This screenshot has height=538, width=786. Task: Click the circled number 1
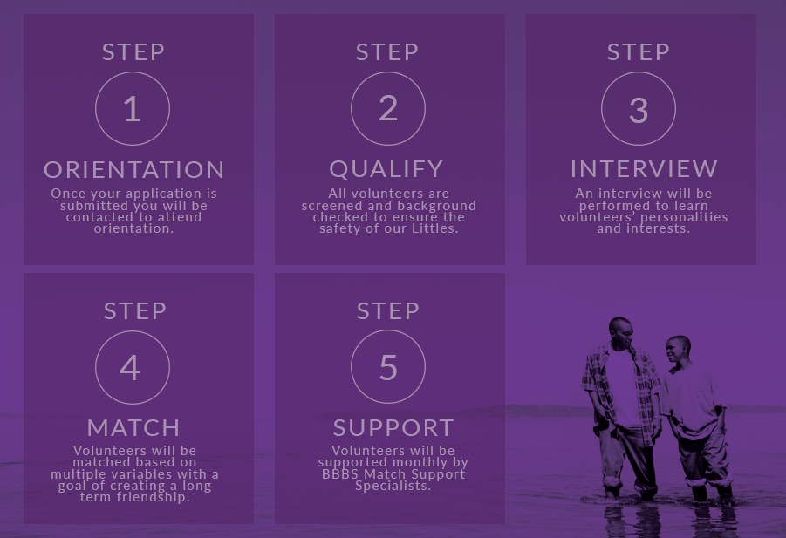[x=133, y=109]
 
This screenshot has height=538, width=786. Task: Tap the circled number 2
[x=388, y=109]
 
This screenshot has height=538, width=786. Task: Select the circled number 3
[x=638, y=109]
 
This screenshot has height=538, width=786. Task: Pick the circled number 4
[x=133, y=367]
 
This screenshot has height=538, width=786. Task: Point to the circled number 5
[x=388, y=367]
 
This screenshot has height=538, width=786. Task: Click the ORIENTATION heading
[x=133, y=170]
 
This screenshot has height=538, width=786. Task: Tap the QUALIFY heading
[x=386, y=169]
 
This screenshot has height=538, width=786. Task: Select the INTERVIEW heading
[x=644, y=169]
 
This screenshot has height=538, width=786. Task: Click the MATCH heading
[x=133, y=428]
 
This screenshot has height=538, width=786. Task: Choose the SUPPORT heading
[x=393, y=428]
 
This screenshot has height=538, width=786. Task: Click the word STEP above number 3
[x=638, y=52]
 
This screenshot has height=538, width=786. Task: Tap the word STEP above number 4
[x=135, y=311]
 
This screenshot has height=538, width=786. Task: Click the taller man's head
[x=621, y=332]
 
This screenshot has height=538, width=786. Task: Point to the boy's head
[x=679, y=349]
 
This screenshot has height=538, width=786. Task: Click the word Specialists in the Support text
[x=393, y=486]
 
